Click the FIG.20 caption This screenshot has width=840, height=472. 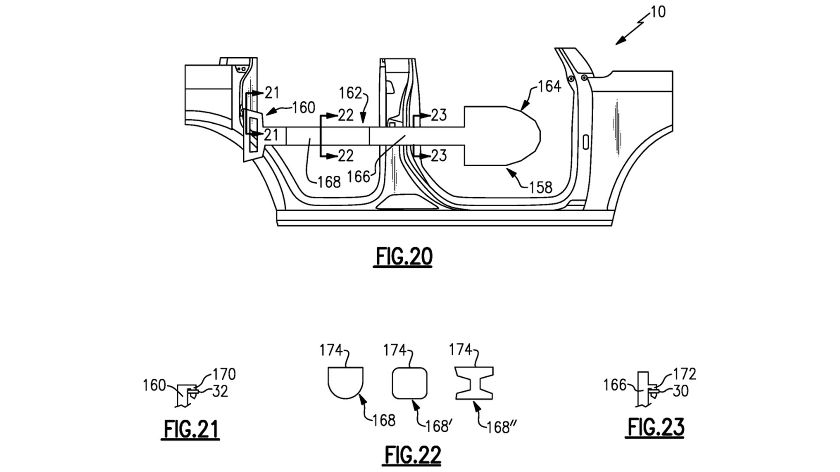tap(404, 257)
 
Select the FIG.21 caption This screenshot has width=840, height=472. tap(191, 429)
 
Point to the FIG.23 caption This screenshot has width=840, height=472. tap(655, 427)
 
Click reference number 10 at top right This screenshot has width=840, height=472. tap(658, 12)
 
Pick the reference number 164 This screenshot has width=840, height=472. tap(549, 87)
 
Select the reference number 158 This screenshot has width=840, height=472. tap(541, 187)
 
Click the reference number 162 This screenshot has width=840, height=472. tap(350, 93)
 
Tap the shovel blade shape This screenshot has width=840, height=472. tap(502, 136)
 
